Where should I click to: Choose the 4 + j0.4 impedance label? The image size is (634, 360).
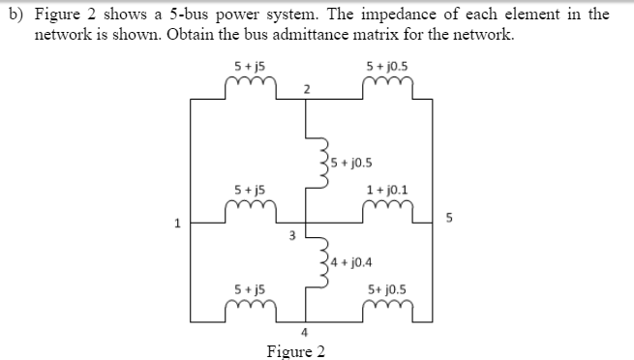pos(354,261)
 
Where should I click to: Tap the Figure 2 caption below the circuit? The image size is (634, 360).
pos(295,350)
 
